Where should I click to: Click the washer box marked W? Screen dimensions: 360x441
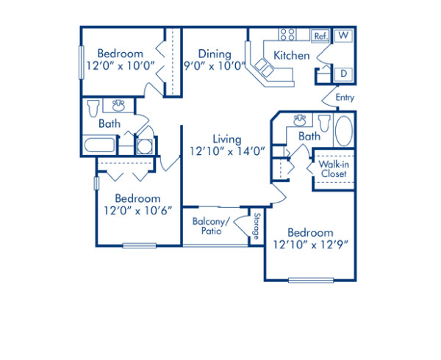[x=343, y=35]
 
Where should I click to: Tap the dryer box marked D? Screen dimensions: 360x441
[x=343, y=73]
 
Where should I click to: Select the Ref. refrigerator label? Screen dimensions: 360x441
[x=320, y=35]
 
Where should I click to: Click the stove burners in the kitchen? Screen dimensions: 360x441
[x=287, y=34]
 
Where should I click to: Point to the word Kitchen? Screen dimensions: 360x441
[x=292, y=55]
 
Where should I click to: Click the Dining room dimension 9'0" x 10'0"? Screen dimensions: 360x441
[x=214, y=67]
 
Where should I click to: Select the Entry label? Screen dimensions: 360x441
[x=345, y=97]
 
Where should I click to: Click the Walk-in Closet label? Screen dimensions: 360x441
[x=333, y=169]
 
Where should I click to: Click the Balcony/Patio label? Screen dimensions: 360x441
[x=211, y=226]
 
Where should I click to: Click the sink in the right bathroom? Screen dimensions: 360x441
[x=300, y=118]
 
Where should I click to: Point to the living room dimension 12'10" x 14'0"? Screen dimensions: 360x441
[x=226, y=151]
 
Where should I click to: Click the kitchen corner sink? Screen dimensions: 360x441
[x=263, y=69]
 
